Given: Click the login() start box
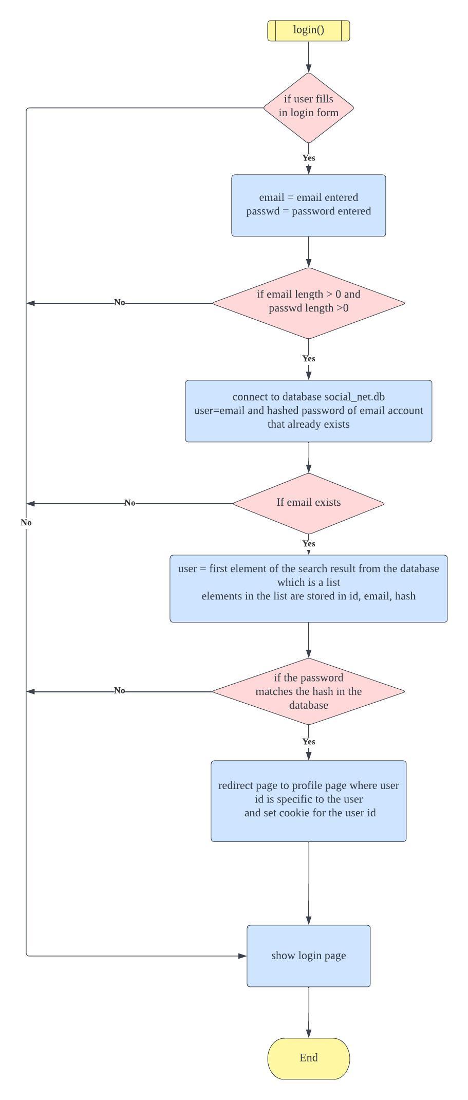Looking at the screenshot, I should click(x=308, y=30).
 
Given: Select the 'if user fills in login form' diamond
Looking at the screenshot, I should click(x=308, y=107).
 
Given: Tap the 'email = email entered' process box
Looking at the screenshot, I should click(x=308, y=205).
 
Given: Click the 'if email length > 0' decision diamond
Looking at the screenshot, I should click(x=308, y=303).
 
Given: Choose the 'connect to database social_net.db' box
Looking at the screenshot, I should click(x=308, y=411).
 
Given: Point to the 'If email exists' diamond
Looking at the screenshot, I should click(x=308, y=503).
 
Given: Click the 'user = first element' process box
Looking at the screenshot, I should click(x=308, y=588).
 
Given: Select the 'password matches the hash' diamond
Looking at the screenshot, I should click(x=308, y=691).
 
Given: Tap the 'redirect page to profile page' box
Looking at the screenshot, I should click(x=308, y=800).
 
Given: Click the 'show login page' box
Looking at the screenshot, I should click(x=308, y=956).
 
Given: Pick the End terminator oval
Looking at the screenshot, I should click(x=308, y=1058).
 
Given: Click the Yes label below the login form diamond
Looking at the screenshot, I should click(x=308, y=158).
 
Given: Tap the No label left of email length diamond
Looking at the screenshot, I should click(x=119, y=302).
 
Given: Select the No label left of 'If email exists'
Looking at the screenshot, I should click(x=129, y=503).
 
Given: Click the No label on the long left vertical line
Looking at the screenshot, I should click(x=26, y=522).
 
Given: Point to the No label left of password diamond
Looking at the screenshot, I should click(x=119, y=690).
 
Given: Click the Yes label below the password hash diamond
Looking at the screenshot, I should click(x=308, y=741).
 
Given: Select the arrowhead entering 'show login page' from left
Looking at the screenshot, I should click(x=242, y=956).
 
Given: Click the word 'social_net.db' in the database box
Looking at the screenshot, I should click(x=354, y=397).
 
